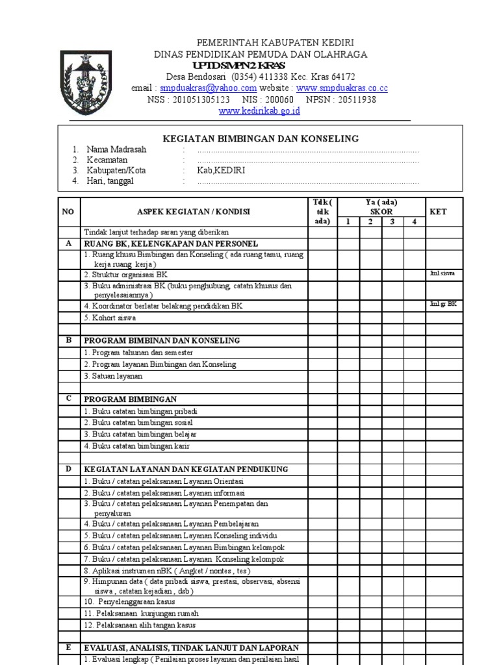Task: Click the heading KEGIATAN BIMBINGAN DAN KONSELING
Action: coord(260,138)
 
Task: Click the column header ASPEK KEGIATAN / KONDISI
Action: coord(193,212)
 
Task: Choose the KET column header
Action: coord(439,212)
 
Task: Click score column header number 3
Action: coord(392,221)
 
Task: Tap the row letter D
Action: coord(68,469)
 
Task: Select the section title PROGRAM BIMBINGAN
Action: coord(130,399)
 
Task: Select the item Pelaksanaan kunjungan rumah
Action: coord(142,613)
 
